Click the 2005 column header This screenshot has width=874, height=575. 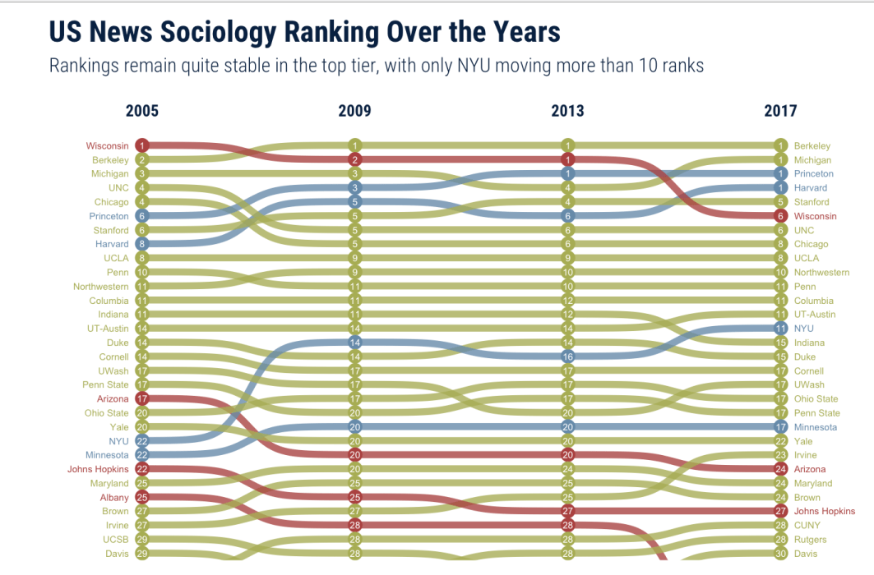tap(142, 112)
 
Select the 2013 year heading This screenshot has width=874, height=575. tap(567, 112)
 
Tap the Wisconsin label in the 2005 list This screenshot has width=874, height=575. tap(108, 146)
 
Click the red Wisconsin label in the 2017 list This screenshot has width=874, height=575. tap(815, 216)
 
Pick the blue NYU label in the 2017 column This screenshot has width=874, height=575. tap(803, 328)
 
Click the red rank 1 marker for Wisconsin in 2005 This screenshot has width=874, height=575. tap(141, 145)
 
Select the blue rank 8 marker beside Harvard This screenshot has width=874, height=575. tap(141, 244)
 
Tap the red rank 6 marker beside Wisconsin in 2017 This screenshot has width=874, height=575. tap(780, 216)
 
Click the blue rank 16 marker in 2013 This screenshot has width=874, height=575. tap(567, 356)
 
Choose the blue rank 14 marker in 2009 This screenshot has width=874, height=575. tap(354, 343)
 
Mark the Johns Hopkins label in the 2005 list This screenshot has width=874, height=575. tap(98, 469)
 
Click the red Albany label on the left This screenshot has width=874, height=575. tap(113, 497)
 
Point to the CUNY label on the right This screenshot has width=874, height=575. tap(807, 525)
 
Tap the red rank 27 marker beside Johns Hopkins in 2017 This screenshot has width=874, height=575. tap(780, 511)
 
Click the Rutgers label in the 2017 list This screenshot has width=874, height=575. tap(811, 539)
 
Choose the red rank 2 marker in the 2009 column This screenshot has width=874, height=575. tap(354, 159)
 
